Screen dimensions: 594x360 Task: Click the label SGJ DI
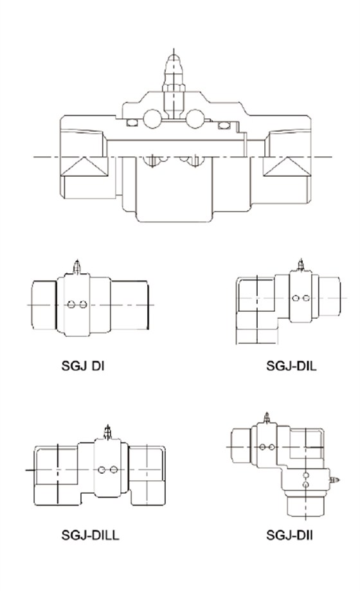[83, 366]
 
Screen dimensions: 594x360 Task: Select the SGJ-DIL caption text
[292, 366]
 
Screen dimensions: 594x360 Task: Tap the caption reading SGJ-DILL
[91, 535]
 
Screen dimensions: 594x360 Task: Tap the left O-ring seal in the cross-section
[133, 122]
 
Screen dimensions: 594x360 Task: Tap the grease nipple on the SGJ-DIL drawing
[300, 265]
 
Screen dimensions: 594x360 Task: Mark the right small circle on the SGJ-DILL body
[113, 470]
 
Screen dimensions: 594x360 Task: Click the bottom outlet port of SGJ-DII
[304, 505]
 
